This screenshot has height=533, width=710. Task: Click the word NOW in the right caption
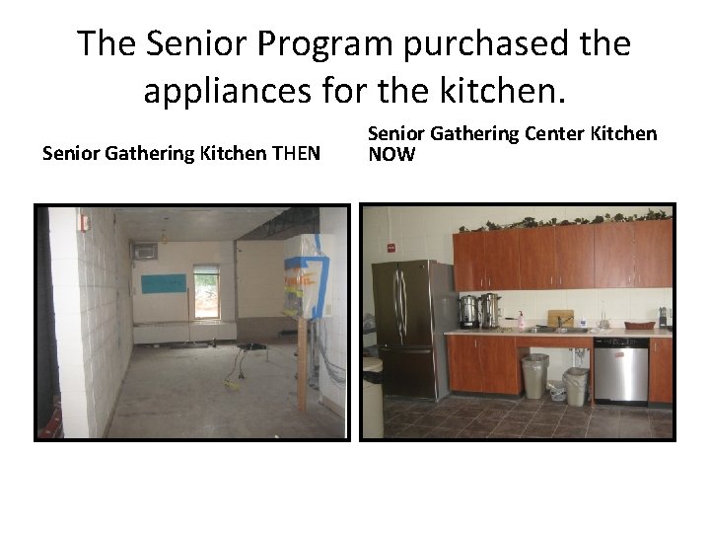[x=391, y=154]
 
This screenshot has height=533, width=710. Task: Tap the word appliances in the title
[x=230, y=91]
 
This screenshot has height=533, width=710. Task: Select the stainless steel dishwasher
[x=620, y=369]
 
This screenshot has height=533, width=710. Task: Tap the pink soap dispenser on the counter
[x=520, y=319]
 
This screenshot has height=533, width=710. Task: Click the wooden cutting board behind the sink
[x=559, y=318]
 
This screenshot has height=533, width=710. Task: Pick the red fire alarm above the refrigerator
[x=391, y=248]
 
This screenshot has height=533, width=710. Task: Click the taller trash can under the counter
[x=533, y=376]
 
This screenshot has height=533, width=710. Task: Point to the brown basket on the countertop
[x=640, y=324]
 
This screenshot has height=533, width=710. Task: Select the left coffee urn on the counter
[x=469, y=311]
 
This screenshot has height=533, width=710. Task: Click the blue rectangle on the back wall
[x=163, y=284]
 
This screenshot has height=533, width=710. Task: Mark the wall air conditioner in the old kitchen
[x=145, y=252]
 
